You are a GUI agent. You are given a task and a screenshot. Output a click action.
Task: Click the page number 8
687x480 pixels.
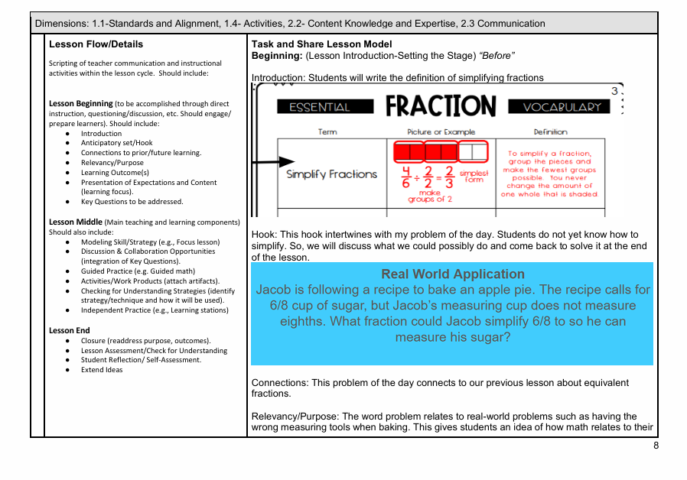[656, 445]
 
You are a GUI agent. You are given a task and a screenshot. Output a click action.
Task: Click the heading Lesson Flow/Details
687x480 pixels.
[96, 44]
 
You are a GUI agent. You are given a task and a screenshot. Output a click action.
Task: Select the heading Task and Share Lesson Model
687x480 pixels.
[321, 44]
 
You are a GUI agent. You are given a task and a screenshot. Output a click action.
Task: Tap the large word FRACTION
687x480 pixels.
[441, 106]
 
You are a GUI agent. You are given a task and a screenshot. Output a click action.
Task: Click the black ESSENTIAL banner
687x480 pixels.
[325, 107]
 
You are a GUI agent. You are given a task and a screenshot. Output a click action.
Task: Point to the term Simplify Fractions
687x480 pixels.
[331, 174]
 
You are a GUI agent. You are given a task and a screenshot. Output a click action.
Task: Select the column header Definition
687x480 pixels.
[550, 132]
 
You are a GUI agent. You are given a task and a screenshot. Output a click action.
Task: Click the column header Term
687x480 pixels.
[327, 132]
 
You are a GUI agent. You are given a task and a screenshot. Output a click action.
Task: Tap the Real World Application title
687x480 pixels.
[453, 274]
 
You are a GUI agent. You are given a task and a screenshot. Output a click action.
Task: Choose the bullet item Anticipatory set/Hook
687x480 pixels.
[117, 143]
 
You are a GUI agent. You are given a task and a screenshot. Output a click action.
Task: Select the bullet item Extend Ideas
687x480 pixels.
[102, 370]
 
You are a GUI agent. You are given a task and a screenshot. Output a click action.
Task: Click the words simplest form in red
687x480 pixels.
[474, 176]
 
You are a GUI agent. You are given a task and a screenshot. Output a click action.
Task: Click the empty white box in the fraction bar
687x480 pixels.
[477, 151]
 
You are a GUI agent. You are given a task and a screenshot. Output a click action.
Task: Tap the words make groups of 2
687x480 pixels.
[430, 196]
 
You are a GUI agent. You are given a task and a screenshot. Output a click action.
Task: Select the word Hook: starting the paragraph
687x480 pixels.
[263, 235]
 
